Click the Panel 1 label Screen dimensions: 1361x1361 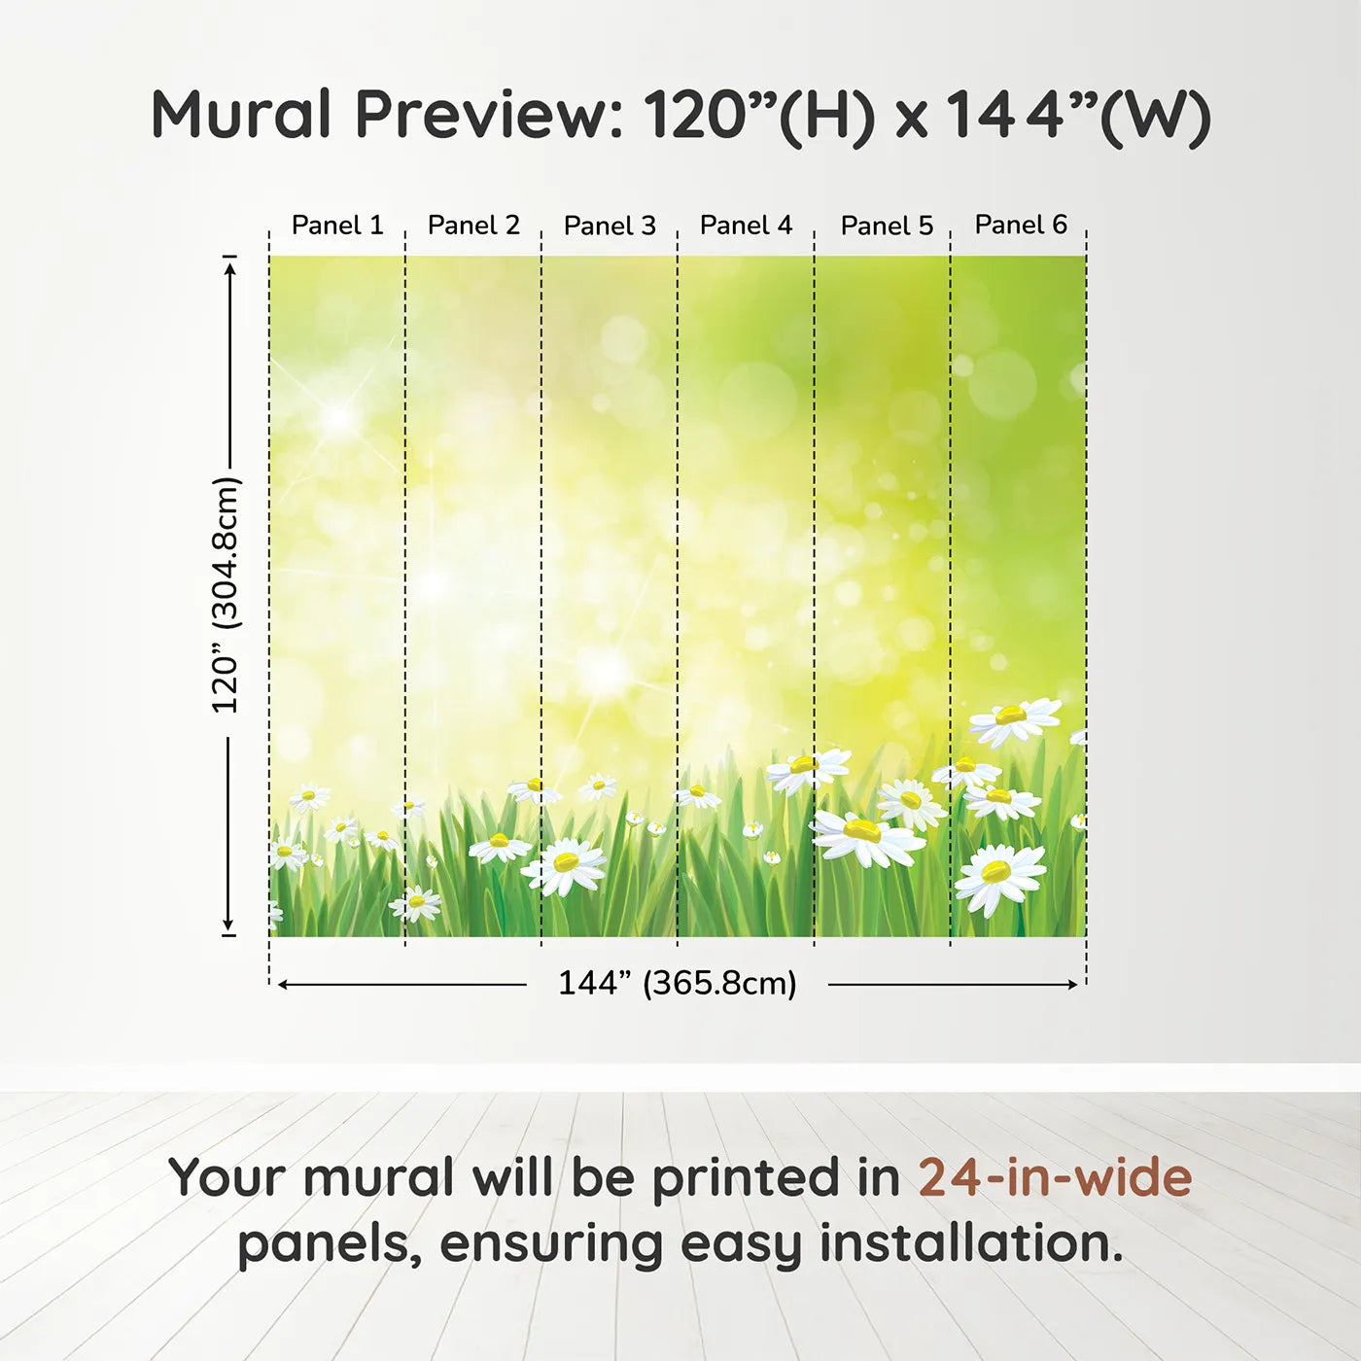click(337, 226)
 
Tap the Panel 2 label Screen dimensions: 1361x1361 click(473, 226)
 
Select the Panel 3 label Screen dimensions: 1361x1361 click(610, 226)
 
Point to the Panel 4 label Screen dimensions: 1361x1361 click(746, 226)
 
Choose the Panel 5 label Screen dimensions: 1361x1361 click(887, 226)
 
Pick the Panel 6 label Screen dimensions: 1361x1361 click(1021, 225)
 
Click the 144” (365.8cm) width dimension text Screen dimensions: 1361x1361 click(678, 983)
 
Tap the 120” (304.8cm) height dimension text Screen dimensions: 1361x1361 click(227, 595)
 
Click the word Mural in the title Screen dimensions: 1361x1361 click(241, 115)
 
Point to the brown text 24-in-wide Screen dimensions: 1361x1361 click(1055, 1177)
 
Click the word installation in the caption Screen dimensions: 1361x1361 click(972, 1244)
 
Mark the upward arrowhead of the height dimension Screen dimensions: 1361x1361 click(228, 269)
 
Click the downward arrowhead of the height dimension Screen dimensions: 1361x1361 click(227, 925)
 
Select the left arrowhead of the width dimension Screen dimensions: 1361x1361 click(283, 985)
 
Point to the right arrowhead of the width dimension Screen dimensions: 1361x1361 click(1072, 985)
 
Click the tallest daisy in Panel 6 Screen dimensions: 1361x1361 click(1014, 719)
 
